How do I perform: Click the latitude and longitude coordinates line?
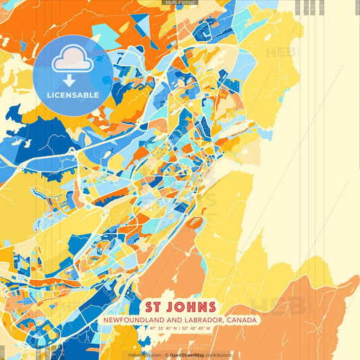click(180, 329)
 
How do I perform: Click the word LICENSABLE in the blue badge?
click(72, 95)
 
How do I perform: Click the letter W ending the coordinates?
click(208, 329)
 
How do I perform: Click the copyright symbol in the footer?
click(165, 355)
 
